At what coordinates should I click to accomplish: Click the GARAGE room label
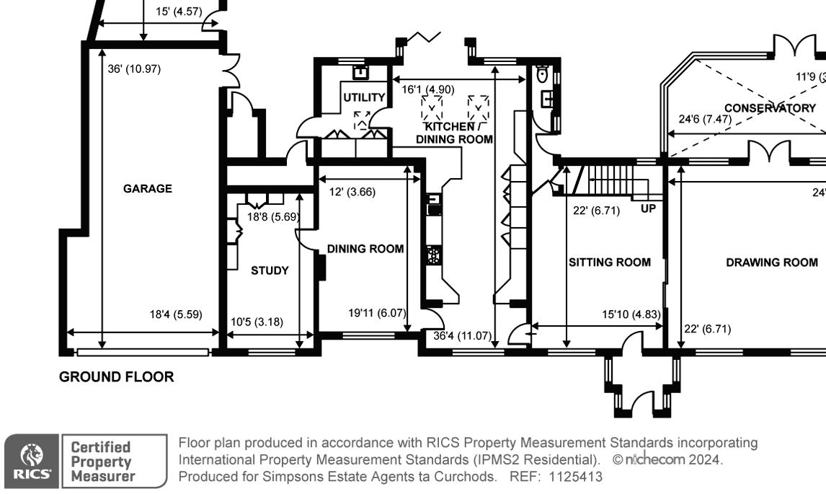point(147,189)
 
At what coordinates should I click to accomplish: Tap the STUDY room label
point(270,270)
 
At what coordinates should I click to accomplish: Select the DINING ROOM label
point(365,249)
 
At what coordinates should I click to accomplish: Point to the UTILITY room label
point(364,97)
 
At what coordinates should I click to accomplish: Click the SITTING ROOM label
point(610,263)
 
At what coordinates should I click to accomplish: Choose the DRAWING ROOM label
point(772,263)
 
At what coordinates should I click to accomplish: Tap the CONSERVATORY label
point(770,108)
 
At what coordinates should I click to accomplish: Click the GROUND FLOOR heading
point(116,376)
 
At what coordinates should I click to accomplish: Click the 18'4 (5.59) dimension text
point(176,314)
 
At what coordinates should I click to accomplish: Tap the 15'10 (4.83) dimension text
point(631,314)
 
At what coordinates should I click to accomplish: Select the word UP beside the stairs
point(648,209)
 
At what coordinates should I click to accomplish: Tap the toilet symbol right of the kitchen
point(543,74)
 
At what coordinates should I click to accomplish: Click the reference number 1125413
point(575,477)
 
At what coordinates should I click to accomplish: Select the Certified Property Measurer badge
point(114,461)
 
